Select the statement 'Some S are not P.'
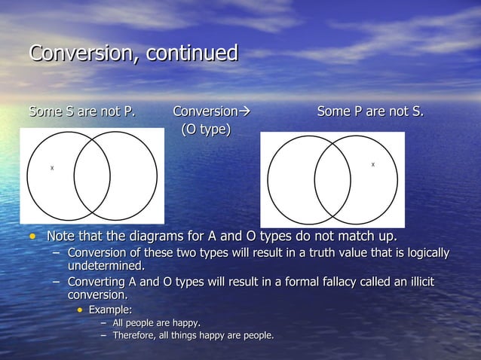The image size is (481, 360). pos(82,112)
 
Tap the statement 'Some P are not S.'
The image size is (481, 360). pos(370,112)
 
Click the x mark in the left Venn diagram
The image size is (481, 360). pos(52,168)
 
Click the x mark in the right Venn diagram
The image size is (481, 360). pos(372,164)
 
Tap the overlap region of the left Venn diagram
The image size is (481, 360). pos(92,177)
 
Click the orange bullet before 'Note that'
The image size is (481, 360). pos(32,239)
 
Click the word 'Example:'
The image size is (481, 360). pos(111,310)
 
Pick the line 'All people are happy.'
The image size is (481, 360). pos(156,322)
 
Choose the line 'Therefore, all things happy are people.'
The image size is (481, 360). pos(193,334)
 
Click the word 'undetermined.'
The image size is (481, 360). pos(106,266)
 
